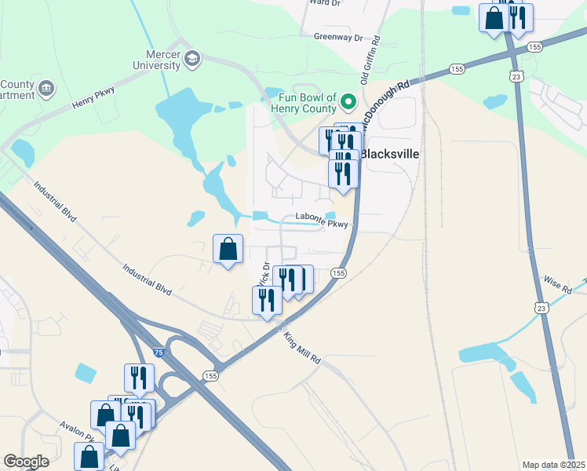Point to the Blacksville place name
pyautogui.click(x=389, y=154)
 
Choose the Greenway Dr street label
pyautogui.click(x=338, y=37)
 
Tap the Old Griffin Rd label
pyautogui.click(x=370, y=60)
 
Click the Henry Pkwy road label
pyautogui.click(x=93, y=97)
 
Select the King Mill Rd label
pyautogui.click(x=302, y=348)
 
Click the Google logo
pyautogui.click(x=26, y=461)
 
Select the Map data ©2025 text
pyautogui.click(x=553, y=465)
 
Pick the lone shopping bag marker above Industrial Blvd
pyautogui.click(x=228, y=250)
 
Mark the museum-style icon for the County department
pyautogui.click(x=46, y=87)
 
